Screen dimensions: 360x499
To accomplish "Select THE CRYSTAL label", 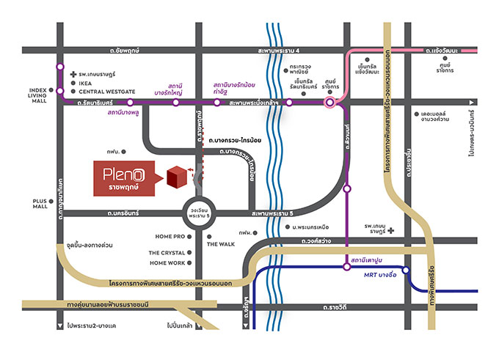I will tap(167, 253).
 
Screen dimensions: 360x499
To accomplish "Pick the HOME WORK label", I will tap(167, 262).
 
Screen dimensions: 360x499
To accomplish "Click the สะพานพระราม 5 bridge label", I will tap(271, 213).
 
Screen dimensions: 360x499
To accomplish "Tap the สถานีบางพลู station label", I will tap(125, 114).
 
